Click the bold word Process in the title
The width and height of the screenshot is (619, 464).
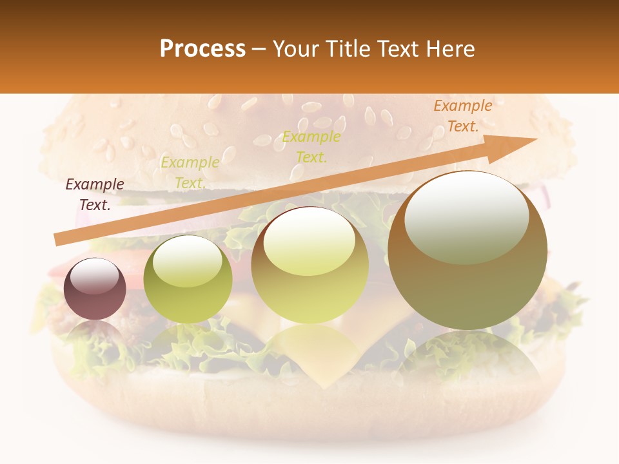coord(202,49)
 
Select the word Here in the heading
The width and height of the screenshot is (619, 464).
coord(451,49)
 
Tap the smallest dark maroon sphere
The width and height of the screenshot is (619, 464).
coord(95,289)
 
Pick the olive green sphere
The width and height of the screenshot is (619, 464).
coord(187,279)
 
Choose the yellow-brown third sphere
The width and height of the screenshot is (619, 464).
coord(309,265)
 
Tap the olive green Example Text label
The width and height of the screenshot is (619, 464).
coord(190,173)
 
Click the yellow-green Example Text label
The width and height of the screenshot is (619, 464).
coord(311,147)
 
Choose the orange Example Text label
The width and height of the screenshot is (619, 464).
coord(463,116)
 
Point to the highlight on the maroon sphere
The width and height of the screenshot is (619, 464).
coord(94,276)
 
